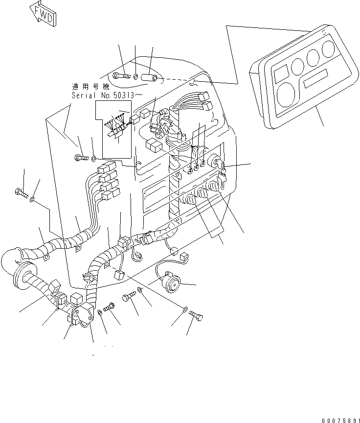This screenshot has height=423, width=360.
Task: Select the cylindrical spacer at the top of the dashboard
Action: click(149, 77)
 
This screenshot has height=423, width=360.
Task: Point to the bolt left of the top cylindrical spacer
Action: click(120, 76)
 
